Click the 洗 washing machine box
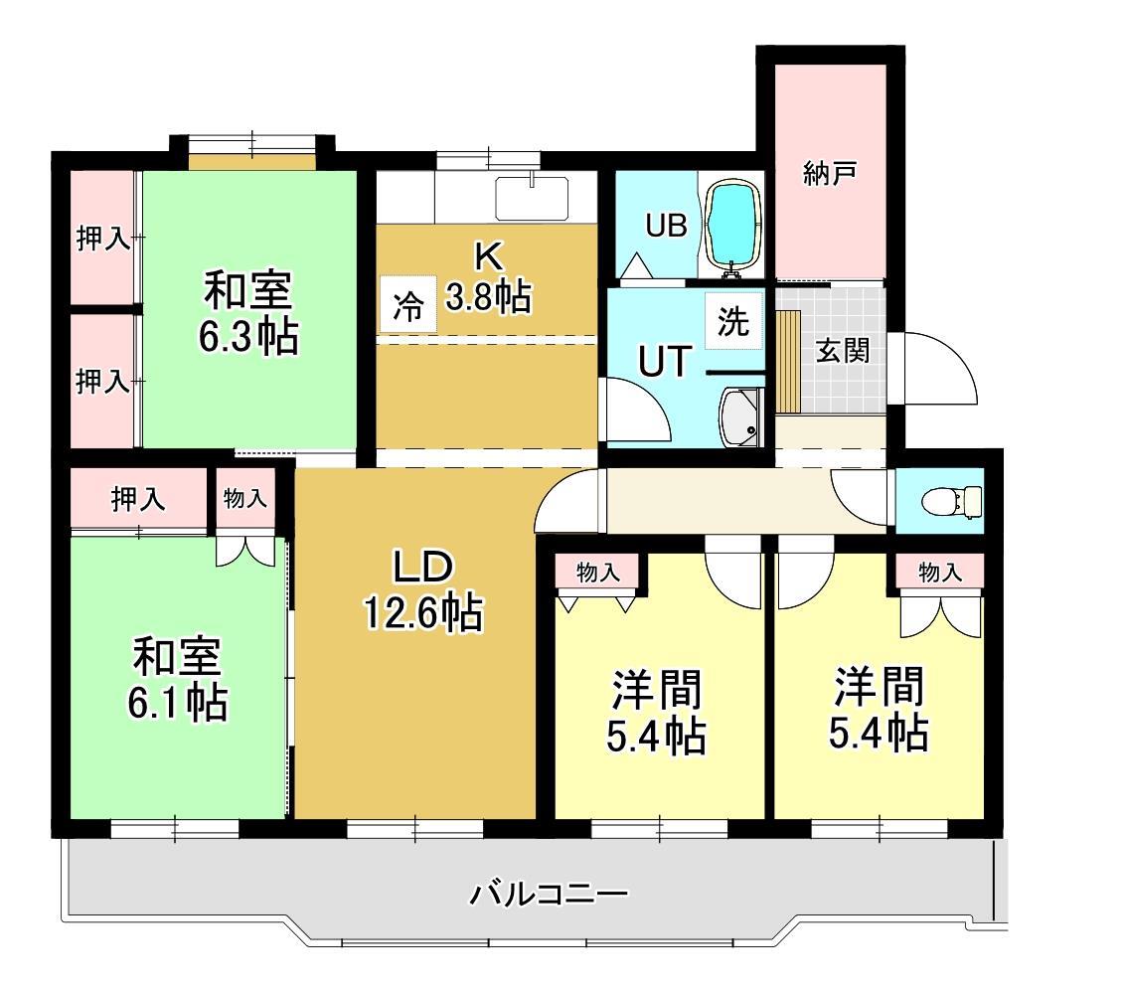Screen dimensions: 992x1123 (x=733, y=322)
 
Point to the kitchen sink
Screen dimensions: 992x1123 (x=532, y=197)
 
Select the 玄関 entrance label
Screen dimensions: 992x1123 (x=843, y=351)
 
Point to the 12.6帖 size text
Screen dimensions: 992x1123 (x=422, y=613)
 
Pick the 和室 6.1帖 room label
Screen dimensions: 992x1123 (x=177, y=681)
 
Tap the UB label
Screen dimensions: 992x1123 (x=666, y=227)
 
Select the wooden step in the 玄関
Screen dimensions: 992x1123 (x=788, y=361)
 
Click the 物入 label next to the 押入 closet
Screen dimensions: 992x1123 (x=244, y=498)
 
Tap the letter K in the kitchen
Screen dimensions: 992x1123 (x=487, y=255)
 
